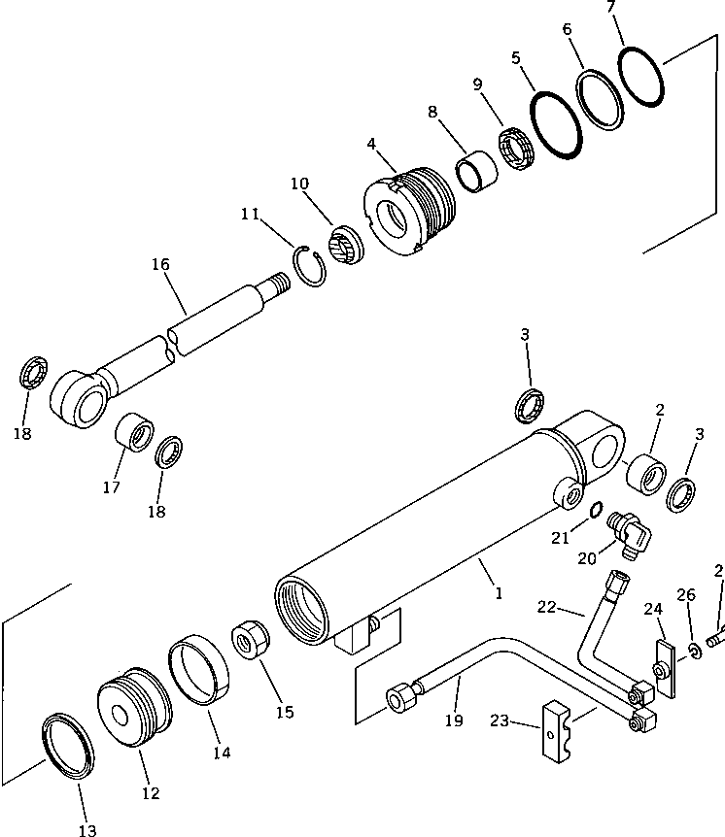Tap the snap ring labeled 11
(311, 265)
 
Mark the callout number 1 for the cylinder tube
(498, 591)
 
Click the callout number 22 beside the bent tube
(547, 607)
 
